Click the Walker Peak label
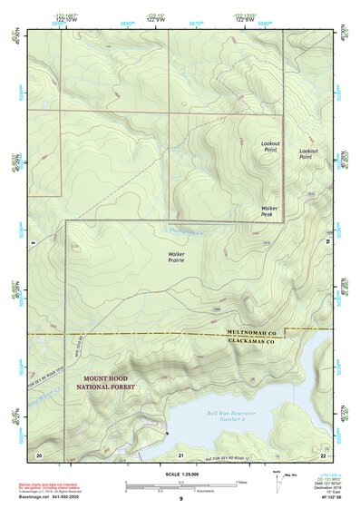(269, 211)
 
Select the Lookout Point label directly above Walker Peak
(269, 148)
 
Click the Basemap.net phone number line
(53, 498)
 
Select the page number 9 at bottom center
(180, 499)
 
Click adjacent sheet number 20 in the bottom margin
(38, 454)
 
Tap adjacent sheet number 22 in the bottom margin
(323, 454)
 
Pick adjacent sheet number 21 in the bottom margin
(180, 454)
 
